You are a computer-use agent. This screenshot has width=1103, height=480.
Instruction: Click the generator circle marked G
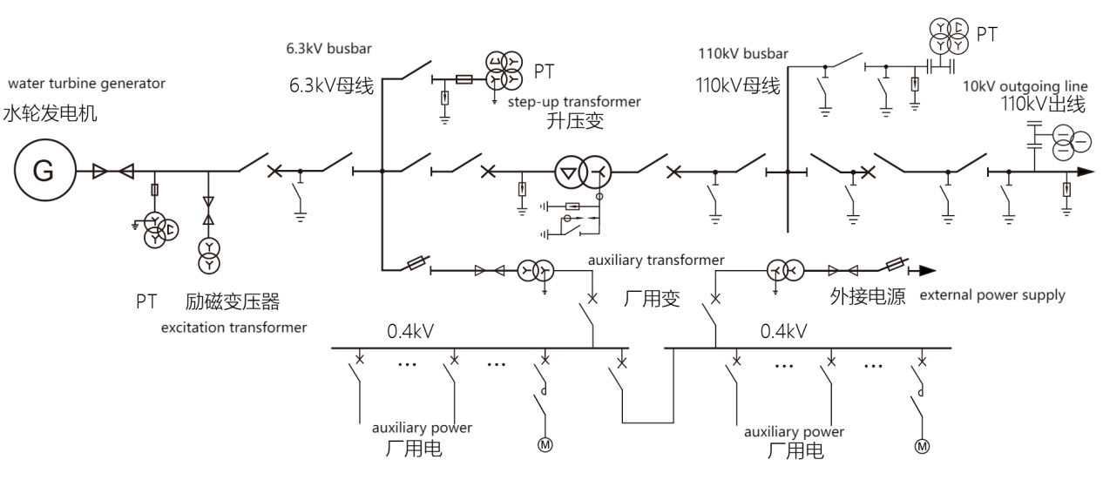click(x=42, y=172)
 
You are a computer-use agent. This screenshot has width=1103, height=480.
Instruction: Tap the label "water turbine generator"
click(x=86, y=84)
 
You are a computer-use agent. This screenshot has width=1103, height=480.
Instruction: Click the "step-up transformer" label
click(x=573, y=102)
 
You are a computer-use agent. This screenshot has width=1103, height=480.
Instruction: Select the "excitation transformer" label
click(x=233, y=328)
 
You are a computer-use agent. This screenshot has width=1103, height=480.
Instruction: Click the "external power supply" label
click(x=991, y=294)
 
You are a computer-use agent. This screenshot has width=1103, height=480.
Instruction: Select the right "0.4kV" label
click(x=783, y=331)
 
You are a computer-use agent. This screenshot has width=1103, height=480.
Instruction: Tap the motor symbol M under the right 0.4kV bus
click(x=921, y=447)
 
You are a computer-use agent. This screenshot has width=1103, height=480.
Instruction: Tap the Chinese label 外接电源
click(x=867, y=297)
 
